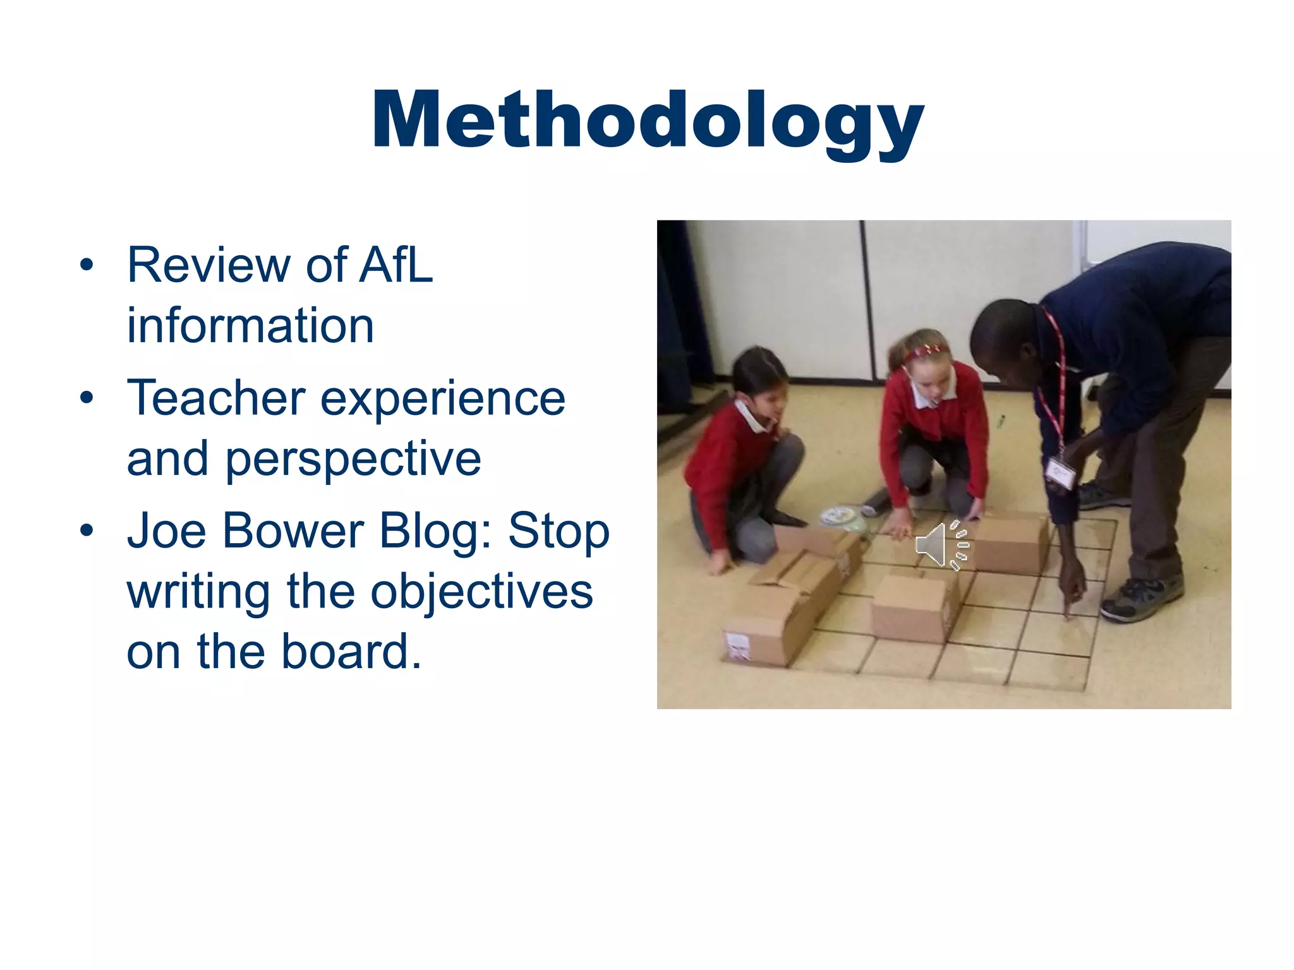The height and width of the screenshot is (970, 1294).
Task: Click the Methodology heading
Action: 647,120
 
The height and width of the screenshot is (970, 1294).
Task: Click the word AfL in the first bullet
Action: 396,265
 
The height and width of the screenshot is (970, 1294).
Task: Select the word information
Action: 250,326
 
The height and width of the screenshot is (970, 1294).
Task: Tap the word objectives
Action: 481,592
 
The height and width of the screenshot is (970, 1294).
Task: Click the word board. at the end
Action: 351,652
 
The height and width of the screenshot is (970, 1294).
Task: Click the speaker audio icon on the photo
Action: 941,544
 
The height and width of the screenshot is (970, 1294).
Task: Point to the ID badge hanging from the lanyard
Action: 1060,472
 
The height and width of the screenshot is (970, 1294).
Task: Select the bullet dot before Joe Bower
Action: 87,530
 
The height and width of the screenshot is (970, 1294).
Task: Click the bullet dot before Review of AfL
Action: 87,265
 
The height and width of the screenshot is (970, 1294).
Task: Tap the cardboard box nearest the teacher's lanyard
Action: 1010,544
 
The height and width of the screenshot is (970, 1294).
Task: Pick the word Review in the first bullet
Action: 209,265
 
